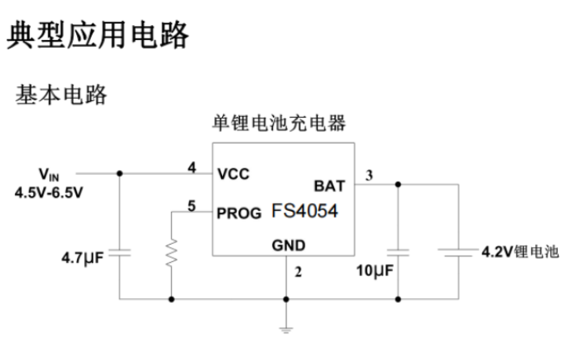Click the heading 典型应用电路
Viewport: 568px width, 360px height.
pos(98,36)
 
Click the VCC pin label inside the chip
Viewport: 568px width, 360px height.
pos(234,173)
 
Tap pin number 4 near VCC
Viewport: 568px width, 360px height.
pos(191,167)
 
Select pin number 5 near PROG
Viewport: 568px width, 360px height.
pos(191,205)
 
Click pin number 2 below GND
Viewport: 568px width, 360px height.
pos(297,273)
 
